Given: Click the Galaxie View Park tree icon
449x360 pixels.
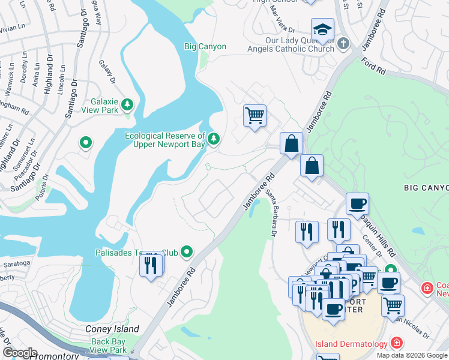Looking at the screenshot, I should [x=127, y=106].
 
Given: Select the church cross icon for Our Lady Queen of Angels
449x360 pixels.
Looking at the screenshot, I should [x=343, y=43].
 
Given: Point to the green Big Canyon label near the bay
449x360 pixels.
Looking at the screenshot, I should [x=205, y=46].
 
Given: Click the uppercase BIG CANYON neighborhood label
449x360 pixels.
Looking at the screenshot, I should [x=426, y=188].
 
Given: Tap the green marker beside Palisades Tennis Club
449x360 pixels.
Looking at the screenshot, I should [x=187, y=252].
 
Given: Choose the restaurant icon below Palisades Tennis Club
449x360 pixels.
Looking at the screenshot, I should [x=151, y=265].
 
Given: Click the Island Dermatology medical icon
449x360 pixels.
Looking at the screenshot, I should [x=396, y=343].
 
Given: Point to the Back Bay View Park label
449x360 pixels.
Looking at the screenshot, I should [x=109, y=346].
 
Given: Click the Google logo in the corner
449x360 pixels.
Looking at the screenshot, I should [x=20, y=353].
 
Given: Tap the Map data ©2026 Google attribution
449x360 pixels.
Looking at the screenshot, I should [x=412, y=355].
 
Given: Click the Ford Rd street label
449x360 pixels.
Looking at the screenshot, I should [x=373, y=66].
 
